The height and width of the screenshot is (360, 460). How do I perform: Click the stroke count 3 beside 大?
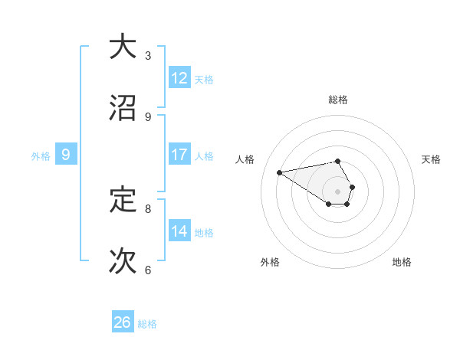click(148, 55)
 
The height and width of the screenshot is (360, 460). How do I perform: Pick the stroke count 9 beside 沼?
click(148, 117)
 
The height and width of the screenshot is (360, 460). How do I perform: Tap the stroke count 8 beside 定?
click(148, 208)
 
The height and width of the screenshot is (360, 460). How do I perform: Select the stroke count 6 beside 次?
click(148, 270)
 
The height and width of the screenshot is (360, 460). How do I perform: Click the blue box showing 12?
click(179, 78)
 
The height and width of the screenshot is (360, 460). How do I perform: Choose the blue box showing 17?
click(179, 155)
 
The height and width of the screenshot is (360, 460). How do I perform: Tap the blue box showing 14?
click(179, 231)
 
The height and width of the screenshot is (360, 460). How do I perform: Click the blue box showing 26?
click(123, 322)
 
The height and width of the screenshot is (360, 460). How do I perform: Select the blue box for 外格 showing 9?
click(66, 155)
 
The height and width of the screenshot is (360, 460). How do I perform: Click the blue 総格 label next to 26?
click(147, 324)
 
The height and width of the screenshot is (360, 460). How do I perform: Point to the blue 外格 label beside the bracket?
click(41, 156)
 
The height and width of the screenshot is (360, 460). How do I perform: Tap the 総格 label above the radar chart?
click(338, 100)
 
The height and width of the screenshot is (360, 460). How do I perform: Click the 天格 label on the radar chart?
click(432, 159)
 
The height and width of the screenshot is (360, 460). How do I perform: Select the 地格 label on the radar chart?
click(402, 262)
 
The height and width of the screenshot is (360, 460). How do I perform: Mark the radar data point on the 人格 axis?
click(280, 172)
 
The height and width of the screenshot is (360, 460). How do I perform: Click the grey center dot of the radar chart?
click(338, 191)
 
